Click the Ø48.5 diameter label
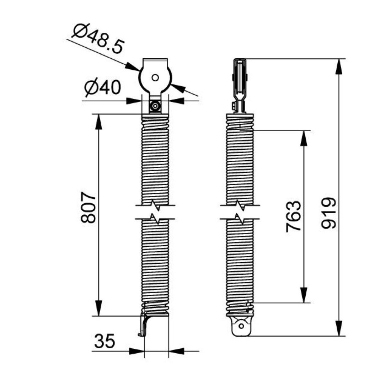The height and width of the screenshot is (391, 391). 97,38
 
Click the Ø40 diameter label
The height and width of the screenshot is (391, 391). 103,88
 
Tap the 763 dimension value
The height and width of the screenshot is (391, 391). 294,217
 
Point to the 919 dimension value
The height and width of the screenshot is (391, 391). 328,213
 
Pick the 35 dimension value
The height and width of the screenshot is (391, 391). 105,342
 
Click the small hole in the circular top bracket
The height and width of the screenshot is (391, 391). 155,77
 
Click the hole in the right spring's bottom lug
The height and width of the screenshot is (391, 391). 241,326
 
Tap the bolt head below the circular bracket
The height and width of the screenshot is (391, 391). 155,106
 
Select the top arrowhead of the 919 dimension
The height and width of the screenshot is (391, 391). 339,65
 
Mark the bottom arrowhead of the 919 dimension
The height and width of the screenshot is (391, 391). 339,329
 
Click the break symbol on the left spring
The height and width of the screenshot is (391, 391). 155,212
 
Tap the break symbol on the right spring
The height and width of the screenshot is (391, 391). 240,212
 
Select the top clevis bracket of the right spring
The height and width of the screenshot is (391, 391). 240,82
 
